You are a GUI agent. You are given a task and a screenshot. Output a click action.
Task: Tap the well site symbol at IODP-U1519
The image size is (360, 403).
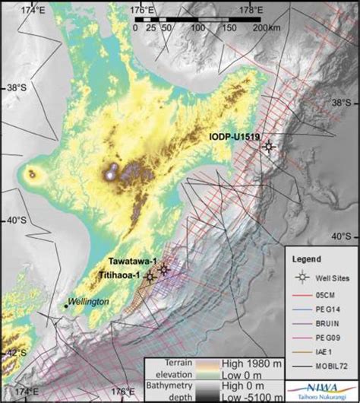click(267, 148)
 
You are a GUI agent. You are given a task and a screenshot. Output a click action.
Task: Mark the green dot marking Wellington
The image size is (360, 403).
click(66, 306)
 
